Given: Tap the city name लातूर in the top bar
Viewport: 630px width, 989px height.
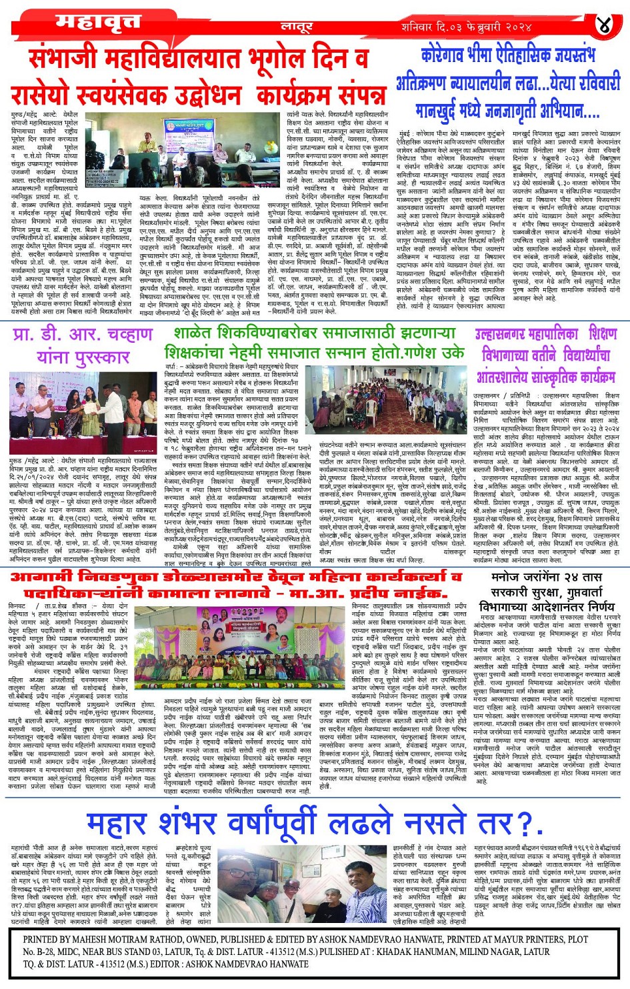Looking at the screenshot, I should click(297, 27).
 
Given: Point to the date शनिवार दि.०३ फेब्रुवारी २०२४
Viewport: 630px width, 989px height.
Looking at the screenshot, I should click(466, 27).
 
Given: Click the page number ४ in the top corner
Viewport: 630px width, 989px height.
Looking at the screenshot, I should click(603, 26).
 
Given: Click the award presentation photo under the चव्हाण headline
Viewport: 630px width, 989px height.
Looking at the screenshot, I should click(83, 413).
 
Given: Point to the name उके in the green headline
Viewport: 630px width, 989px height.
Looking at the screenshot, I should click(453, 351).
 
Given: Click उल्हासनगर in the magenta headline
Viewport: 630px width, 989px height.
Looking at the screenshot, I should click(507, 334).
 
